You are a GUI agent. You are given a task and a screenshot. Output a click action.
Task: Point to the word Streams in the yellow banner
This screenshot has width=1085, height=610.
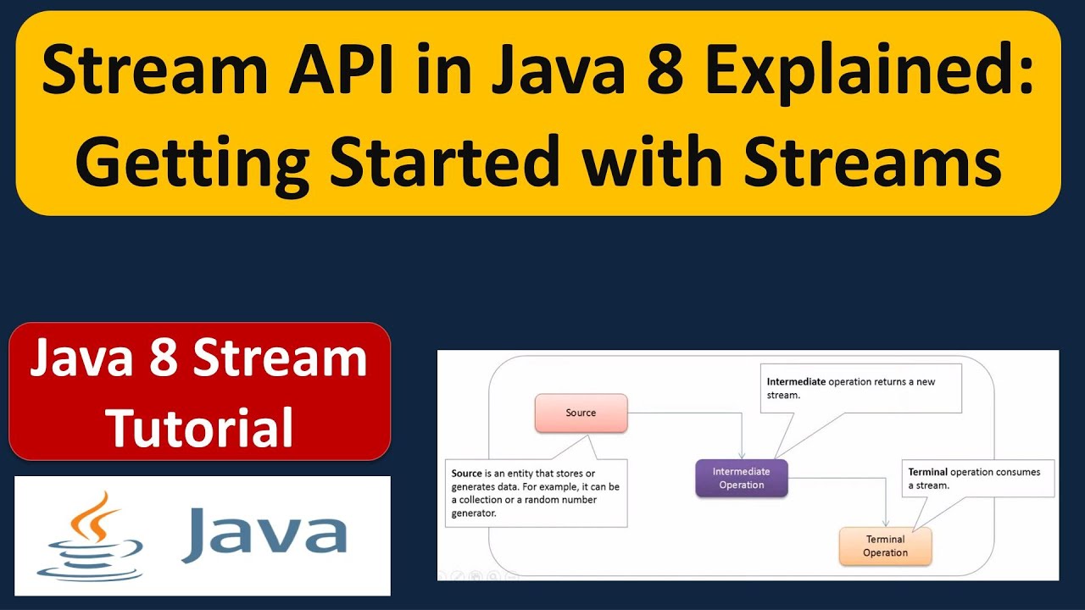tap(873, 161)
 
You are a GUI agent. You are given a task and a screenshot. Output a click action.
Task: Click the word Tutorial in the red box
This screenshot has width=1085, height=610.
tap(200, 426)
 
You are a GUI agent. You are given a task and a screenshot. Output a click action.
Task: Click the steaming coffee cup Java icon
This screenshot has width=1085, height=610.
tap(90, 536)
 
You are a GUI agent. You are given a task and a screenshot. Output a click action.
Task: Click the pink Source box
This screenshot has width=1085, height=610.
tap(581, 413)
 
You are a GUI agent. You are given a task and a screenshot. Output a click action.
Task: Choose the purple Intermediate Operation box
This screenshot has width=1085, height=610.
tap(741, 478)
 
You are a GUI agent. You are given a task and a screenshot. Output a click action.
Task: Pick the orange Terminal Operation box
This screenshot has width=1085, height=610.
tap(885, 546)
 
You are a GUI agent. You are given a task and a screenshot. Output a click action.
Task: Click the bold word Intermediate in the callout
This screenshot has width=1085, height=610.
tap(796, 381)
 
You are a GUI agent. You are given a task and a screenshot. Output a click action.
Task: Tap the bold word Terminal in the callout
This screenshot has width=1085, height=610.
tap(927, 472)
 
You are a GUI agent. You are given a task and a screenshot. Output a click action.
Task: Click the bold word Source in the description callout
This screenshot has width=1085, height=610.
tap(466, 473)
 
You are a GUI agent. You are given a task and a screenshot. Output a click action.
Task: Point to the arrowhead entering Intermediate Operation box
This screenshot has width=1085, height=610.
tap(743, 455)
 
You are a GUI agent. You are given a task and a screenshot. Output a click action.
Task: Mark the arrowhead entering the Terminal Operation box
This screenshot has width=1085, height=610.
tap(887, 523)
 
